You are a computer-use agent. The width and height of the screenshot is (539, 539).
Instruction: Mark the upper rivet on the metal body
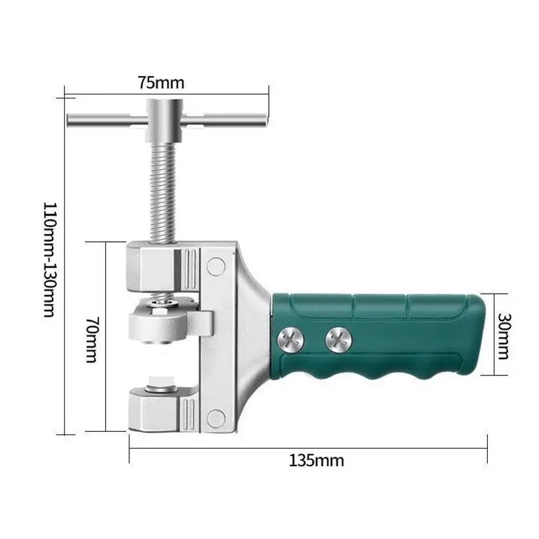coord(216,267)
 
